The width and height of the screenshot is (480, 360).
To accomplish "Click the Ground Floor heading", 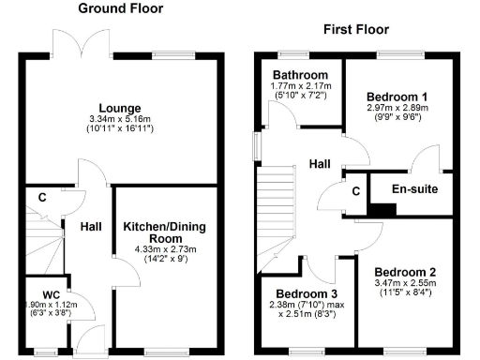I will pyautogui.click(x=120, y=8).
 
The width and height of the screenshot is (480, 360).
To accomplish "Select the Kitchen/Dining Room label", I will pyautogui.click(x=164, y=232).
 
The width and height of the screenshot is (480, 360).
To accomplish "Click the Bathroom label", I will pyautogui.click(x=300, y=75).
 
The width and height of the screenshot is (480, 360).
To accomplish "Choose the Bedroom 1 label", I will pyautogui.click(x=397, y=97).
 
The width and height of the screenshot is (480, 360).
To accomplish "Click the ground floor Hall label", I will pyautogui.click(x=91, y=227).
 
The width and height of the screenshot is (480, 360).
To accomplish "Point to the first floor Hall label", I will pyautogui.click(x=320, y=164).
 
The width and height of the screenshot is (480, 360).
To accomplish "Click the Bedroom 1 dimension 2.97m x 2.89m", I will pyautogui.click(x=397, y=109).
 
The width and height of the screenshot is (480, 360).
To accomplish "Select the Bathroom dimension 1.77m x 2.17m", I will pyautogui.click(x=300, y=86).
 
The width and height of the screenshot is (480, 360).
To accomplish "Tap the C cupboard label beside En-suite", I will pyautogui.click(x=356, y=192).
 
